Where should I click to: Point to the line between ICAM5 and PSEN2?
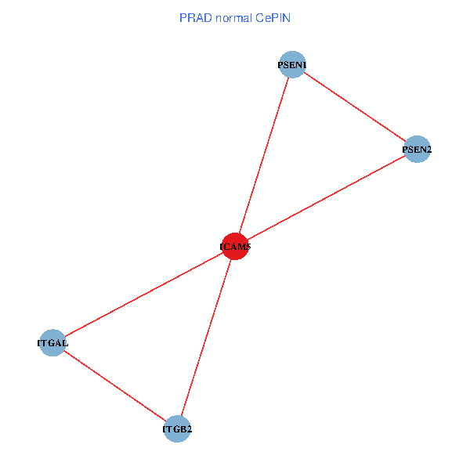[x=326, y=197]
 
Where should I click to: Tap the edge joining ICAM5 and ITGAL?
[x=143, y=295]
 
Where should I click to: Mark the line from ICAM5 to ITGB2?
[x=206, y=338]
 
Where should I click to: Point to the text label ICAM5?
[x=235, y=248]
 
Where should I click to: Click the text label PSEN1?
[x=291, y=65]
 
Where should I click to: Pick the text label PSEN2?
[x=417, y=150]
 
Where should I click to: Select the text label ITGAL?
[x=52, y=343]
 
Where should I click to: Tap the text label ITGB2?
[x=177, y=430]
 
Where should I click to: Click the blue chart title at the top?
[x=235, y=17]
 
